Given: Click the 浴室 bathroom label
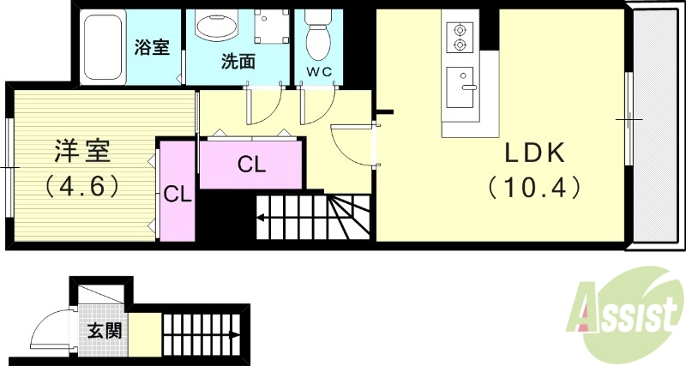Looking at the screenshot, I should tap(152, 47).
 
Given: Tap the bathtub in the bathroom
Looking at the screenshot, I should tap(104, 47).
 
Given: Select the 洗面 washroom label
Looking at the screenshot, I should tap(238, 62).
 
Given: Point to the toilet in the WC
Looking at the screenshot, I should tap(319, 33).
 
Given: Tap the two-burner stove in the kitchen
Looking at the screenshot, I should tap(460, 35).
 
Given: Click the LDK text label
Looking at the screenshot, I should tap(533, 153).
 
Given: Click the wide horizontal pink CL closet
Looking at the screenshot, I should tap(250, 164).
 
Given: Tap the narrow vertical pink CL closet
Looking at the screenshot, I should tap(178, 194).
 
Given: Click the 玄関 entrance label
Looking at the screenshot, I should tap(104, 330).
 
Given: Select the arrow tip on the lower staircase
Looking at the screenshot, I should tap(241, 334).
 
